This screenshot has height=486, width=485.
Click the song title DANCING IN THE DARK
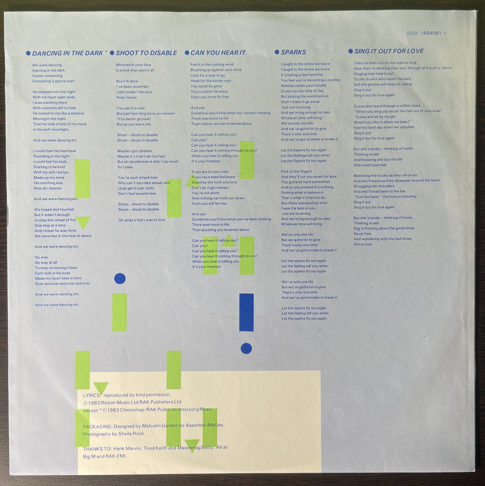(x=67, y=53)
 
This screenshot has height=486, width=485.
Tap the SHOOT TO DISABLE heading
(x=146, y=53)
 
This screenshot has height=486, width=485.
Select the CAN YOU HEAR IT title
(x=218, y=53)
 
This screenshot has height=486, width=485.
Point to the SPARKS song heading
(x=293, y=52)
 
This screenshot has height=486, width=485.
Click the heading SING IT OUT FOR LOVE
(x=389, y=51)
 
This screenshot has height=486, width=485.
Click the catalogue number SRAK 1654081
(x=426, y=33)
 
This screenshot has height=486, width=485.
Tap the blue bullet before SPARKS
(x=277, y=52)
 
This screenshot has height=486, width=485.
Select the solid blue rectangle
(x=246, y=312)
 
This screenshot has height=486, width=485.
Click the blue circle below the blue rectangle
(x=246, y=348)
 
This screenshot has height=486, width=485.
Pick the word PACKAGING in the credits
(x=97, y=427)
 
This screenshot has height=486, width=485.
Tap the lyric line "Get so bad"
(x=362, y=244)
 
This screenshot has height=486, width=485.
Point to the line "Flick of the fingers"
(x=296, y=172)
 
